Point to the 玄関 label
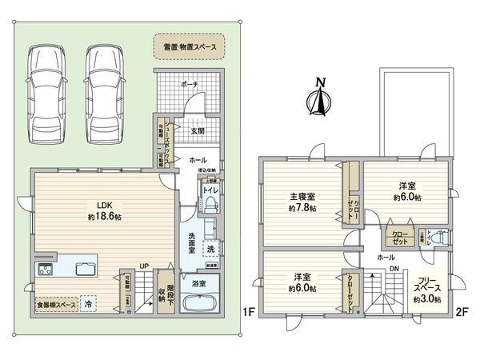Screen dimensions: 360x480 (198, 130)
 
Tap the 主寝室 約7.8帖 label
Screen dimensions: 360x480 (302, 202)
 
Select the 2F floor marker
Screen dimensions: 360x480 (461, 310)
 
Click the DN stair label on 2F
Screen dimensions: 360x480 (394, 269)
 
